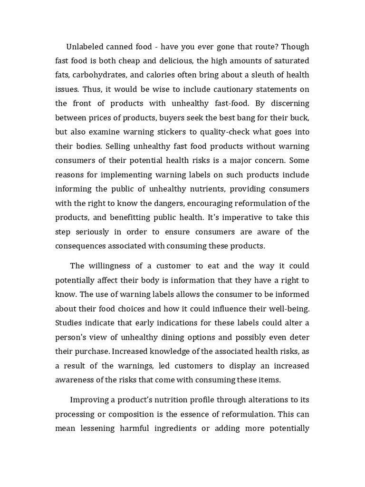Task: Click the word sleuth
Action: pos(257,75)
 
